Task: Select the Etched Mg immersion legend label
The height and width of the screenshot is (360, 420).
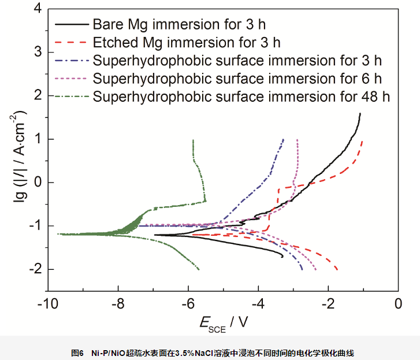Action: pos(186,43)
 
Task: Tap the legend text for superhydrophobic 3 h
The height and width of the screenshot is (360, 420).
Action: pos(237,61)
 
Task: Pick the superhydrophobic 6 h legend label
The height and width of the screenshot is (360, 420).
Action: pos(237,78)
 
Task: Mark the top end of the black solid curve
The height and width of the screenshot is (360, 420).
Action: pos(360,113)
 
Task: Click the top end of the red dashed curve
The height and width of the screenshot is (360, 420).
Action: pos(362,140)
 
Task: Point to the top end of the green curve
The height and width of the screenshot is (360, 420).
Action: pos(193,140)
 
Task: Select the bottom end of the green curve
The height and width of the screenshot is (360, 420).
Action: pos(199,269)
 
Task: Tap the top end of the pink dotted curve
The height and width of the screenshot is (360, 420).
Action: pos(297,140)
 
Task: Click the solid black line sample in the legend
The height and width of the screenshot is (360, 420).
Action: pos(72,25)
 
